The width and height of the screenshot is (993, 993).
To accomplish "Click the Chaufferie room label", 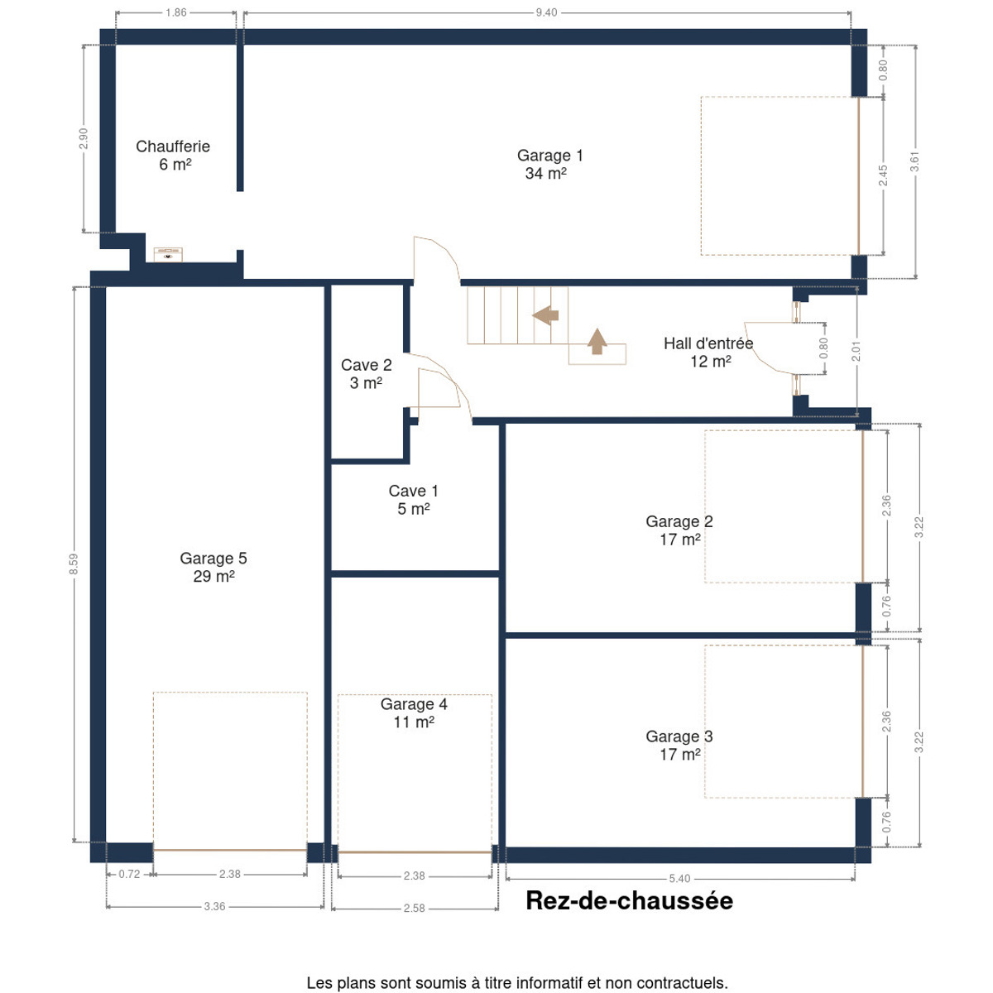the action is (x=173, y=155).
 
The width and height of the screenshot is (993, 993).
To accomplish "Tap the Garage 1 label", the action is (x=549, y=164).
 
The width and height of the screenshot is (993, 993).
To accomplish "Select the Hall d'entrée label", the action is (x=708, y=352).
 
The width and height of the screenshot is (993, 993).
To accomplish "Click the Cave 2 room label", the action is (x=366, y=373).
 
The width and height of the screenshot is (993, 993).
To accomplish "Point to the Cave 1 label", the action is (x=413, y=499).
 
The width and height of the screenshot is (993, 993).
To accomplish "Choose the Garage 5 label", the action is (x=213, y=567).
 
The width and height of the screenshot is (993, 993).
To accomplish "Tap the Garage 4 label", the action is (x=413, y=712).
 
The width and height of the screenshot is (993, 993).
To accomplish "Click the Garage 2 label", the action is (x=679, y=530).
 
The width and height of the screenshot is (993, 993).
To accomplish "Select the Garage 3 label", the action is (x=679, y=745).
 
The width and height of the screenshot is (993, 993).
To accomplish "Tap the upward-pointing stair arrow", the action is (x=597, y=341).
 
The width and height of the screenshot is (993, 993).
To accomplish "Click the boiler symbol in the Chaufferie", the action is (x=168, y=255).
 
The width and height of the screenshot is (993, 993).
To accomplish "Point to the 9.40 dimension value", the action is (x=546, y=12).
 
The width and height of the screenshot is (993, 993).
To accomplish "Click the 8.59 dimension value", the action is (x=74, y=564).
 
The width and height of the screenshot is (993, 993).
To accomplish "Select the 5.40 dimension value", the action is (x=679, y=879).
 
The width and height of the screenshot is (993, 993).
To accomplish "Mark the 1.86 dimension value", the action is (x=175, y=12).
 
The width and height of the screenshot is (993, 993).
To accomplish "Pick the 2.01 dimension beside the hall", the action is (x=856, y=351).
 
